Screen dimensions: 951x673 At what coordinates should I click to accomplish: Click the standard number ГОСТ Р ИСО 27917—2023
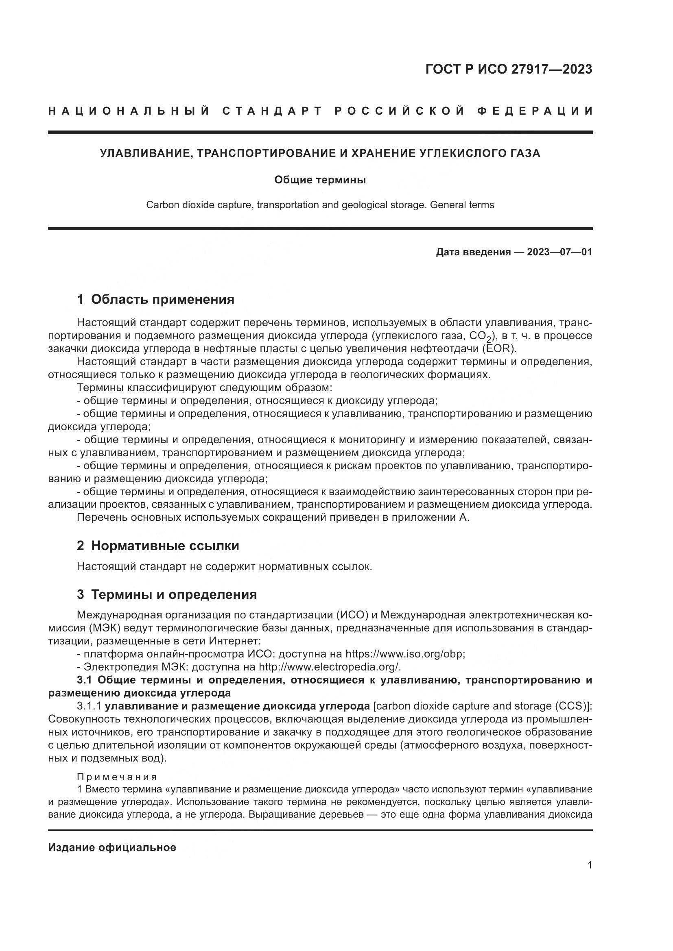[x=509, y=70]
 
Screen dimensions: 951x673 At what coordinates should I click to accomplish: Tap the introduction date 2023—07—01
[x=559, y=252]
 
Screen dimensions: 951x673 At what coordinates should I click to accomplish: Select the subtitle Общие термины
[x=320, y=180]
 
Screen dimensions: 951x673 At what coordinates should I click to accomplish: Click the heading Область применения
[x=162, y=299]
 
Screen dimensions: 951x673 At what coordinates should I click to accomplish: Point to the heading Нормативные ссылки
[x=165, y=546]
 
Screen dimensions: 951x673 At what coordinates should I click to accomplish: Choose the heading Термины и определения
[x=174, y=595]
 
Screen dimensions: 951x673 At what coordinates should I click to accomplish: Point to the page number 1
[x=590, y=865]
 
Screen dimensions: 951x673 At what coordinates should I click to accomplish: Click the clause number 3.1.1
[x=89, y=706]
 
